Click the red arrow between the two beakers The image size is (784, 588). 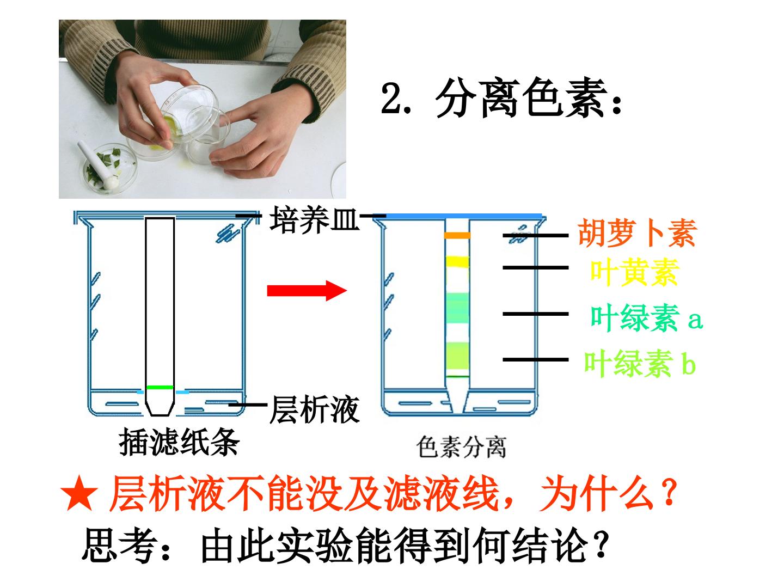[307, 290]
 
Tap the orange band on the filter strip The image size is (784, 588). [457, 235]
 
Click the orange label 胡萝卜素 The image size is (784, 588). [637, 233]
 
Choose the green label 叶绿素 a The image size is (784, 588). [646, 317]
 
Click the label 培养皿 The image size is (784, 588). [314, 220]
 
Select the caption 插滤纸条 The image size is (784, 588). [179, 442]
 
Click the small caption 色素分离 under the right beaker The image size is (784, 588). [461, 446]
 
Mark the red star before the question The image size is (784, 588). [79, 493]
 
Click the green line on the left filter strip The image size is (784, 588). [160, 387]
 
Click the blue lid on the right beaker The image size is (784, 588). [464, 216]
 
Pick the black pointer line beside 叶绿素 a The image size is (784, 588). [535, 314]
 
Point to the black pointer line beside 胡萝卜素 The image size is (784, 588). [535, 235]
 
